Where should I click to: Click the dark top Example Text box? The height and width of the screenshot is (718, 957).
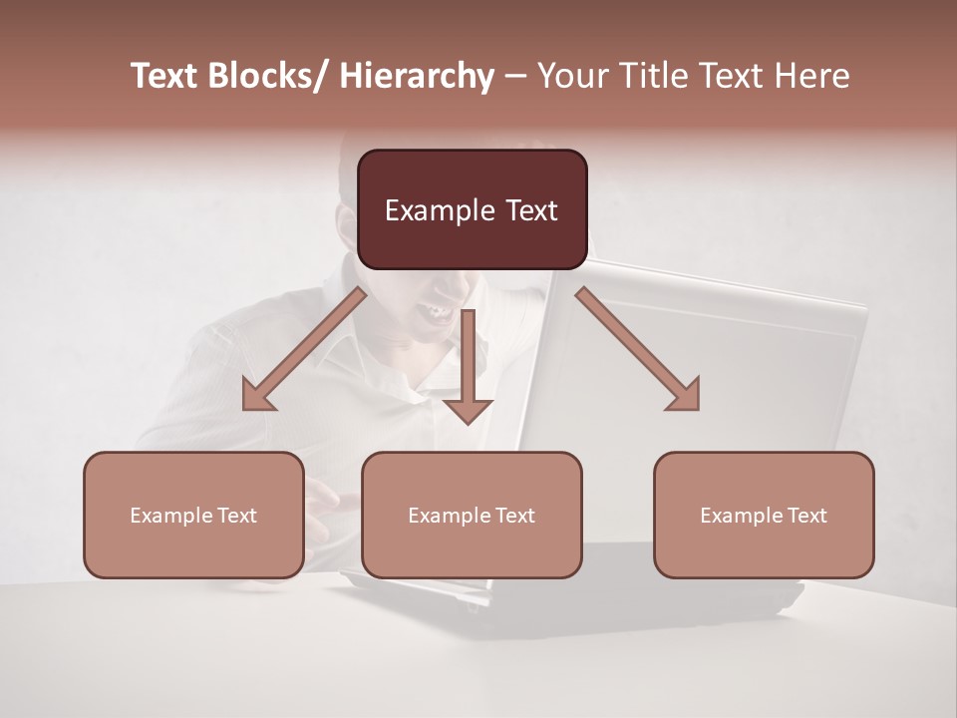pyautogui.click(x=472, y=209)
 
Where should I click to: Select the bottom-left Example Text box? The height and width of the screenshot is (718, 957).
pyautogui.click(x=193, y=515)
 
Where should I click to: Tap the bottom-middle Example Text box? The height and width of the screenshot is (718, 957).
pyautogui.click(x=472, y=515)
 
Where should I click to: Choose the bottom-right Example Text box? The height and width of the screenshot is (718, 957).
pyautogui.click(x=764, y=515)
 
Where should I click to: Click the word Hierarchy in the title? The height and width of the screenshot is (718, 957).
pyautogui.click(x=416, y=76)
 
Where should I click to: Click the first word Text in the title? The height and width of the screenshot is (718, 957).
pyautogui.click(x=164, y=76)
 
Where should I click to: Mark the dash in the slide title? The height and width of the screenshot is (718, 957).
pyautogui.click(x=515, y=76)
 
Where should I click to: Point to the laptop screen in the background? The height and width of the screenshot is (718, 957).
pyautogui.click(x=698, y=369)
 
